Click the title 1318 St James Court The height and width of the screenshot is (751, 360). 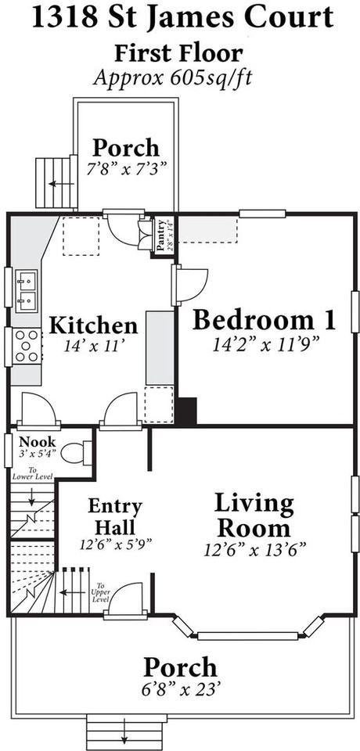click(x=180, y=18)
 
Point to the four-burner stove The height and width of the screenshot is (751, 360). click(x=27, y=345)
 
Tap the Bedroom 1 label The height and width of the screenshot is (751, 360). click(x=264, y=320)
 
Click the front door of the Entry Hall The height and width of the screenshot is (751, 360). click(x=125, y=613)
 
